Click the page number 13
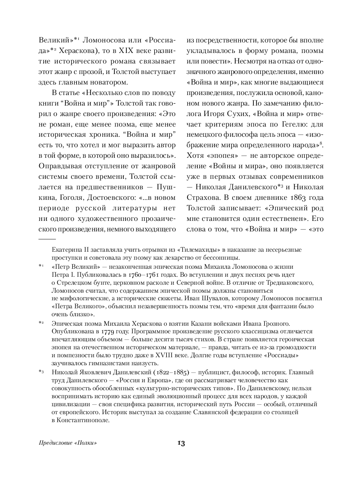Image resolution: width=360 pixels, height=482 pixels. [181, 443]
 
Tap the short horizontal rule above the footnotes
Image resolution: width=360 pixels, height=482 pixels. [47, 239]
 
